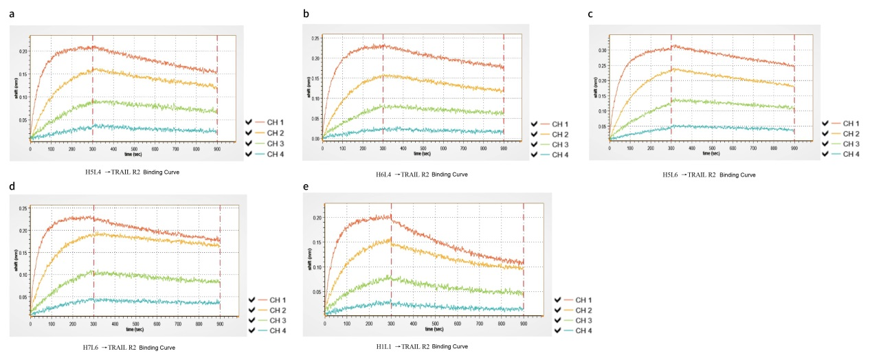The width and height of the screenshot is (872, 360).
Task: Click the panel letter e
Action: (x=306, y=186)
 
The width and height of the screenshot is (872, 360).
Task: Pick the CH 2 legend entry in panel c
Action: (x=850, y=133)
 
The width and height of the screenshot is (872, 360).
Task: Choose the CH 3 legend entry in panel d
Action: (x=276, y=321)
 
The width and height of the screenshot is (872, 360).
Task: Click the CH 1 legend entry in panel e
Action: (x=582, y=300)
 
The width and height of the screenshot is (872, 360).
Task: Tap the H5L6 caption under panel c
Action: (x=708, y=175)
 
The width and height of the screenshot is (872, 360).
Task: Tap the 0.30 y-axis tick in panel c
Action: (x=603, y=50)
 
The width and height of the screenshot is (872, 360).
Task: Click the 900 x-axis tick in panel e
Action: (x=523, y=323)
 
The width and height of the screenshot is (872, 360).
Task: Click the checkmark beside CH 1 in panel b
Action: (x=534, y=123)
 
